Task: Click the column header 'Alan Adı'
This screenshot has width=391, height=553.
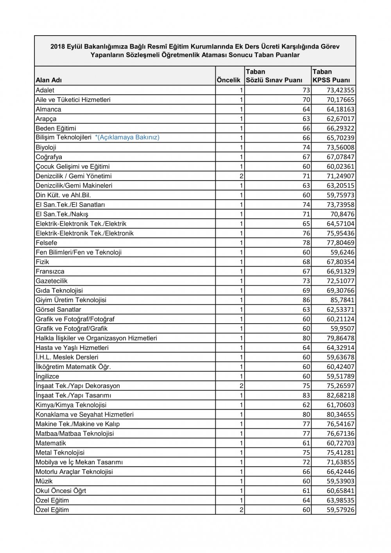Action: (48, 80)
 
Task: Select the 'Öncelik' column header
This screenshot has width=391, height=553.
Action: (228, 80)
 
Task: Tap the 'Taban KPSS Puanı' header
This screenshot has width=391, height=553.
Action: (331, 76)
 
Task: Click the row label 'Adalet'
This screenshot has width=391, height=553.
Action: (45, 90)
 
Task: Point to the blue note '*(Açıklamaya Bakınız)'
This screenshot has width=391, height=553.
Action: (127, 137)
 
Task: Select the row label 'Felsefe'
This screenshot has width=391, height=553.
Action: (46, 243)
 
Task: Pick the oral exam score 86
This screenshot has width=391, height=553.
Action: (306, 300)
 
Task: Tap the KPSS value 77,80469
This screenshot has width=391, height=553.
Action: (340, 243)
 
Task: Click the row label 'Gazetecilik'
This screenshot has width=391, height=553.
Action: (52, 281)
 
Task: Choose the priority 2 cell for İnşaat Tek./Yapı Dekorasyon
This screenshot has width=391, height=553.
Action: (242, 386)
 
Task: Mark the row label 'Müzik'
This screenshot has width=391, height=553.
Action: (44, 481)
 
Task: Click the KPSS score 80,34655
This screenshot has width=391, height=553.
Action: (340, 414)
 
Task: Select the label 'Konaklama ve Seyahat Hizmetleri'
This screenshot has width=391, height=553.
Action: (84, 414)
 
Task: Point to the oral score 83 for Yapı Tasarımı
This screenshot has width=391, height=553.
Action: (306, 396)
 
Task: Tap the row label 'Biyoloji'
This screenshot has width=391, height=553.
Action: (46, 147)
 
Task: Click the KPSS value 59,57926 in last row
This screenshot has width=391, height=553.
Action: (340, 510)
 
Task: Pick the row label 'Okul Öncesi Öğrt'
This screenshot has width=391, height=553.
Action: (61, 491)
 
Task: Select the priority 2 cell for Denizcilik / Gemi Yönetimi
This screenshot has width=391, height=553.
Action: (242, 176)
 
